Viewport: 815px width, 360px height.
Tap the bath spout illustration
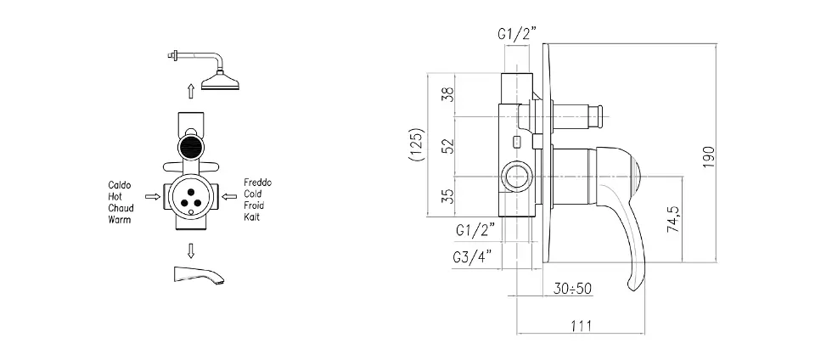tap(198, 274)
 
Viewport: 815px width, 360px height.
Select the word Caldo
tap(120, 185)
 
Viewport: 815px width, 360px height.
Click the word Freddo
tap(258, 183)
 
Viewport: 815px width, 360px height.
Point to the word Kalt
tap(251, 217)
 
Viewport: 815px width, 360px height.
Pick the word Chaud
tap(121, 208)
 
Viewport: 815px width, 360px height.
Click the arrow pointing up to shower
tap(191, 92)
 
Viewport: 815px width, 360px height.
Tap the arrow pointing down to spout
tap(191, 251)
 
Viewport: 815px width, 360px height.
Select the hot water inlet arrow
tap(153, 196)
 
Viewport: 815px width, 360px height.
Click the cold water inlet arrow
tap(229, 196)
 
